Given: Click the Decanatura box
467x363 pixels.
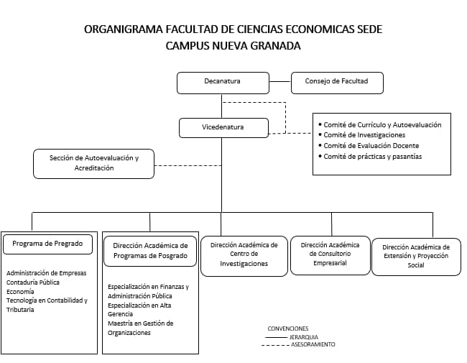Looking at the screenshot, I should [x=223, y=82].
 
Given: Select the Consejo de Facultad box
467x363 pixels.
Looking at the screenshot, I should [x=336, y=82].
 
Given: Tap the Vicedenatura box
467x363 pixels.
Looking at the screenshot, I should [x=223, y=127].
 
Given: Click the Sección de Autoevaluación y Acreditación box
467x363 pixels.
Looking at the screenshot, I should [x=93, y=163].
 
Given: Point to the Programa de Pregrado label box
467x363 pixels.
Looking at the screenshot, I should [x=48, y=244].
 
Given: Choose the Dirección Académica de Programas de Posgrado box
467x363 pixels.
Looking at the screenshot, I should [x=150, y=250].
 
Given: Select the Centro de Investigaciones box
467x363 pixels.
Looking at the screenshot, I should [x=244, y=254].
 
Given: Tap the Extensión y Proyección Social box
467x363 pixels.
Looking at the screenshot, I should [x=416, y=256].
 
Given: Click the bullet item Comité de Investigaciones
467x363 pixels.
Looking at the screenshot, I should [x=364, y=135].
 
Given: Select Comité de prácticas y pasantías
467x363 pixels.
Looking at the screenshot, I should [x=372, y=157].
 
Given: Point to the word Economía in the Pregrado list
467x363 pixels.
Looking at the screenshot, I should [x=20, y=292].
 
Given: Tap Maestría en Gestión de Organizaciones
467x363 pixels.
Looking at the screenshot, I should [x=140, y=328].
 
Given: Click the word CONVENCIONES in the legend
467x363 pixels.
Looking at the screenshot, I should [x=287, y=328].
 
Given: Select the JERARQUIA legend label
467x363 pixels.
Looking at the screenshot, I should [x=304, y=336].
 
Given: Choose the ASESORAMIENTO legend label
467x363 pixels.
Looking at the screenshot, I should [x=313, y=344].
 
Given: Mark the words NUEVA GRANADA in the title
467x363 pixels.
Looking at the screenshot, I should [x=260, y=45].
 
